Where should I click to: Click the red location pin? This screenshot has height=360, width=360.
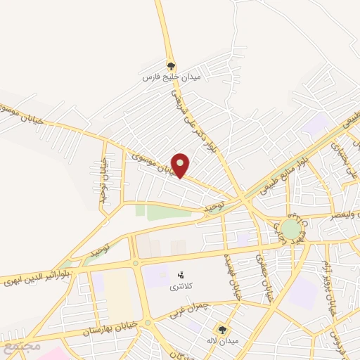click(181, 165)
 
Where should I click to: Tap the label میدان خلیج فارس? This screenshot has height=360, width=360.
click(172, 76)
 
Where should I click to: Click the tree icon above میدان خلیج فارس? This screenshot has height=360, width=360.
click(171, 65)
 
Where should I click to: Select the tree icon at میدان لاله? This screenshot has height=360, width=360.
click(222, 329)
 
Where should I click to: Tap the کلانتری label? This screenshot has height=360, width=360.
click(180, 288)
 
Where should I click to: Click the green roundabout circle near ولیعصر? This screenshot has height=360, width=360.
click(290, 229)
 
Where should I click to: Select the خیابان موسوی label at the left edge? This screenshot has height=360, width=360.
click(21, 114)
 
